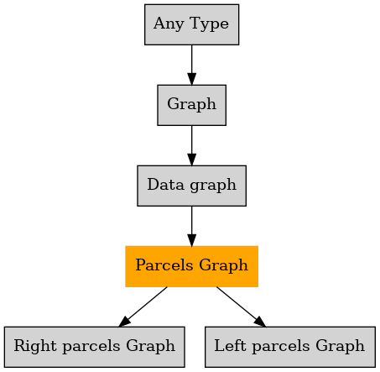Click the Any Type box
pyautogui.click(x=191, y=24)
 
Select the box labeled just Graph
pyautogui.click(x=191, y=105)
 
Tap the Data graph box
pyautogui.click(x=191, y=186)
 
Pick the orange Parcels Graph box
pyautogui.click(x=191, y=266)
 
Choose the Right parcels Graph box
pyautogui.click(x=94, y=347)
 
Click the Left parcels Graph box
pyautogui.click(x=290, y=347)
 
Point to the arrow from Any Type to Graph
pyautogui.click(x=191, y=65)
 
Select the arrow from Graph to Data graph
pyautogui.click(x=191, y=145)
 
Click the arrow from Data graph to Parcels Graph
pyautogui.click(x=191, y=226)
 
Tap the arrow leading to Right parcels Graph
pyautogui.click(x=143, y=307)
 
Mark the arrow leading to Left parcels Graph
pyautogui.click(x=241, y=307)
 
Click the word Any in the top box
pyautogui.click(x=169, y=24)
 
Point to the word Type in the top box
pyautogui.click(x=209, y=24)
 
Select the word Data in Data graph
pyautogui.click(x=166, y=185)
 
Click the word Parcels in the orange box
pyautogui.click(x=164, y=265)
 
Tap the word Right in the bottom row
pyautogui.click(x=35, y=346)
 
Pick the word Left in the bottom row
pyautogui.click(x=230, y=345)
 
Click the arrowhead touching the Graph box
pyautogui.click(x=191, y=79)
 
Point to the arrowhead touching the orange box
pyautogui.click(x=191, y=240)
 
